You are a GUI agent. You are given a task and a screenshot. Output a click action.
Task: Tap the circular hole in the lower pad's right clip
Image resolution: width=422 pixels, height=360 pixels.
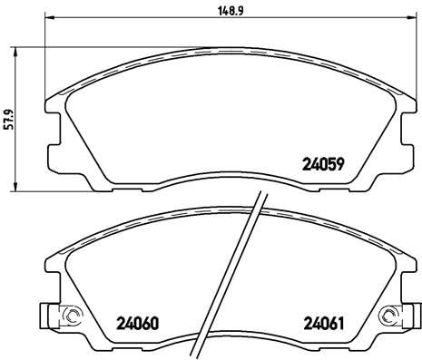pyautogui.click(x=390, y=316)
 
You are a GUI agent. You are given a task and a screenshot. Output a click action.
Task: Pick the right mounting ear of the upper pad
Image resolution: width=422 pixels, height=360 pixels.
pyautogui.click(x=396, y=127)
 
